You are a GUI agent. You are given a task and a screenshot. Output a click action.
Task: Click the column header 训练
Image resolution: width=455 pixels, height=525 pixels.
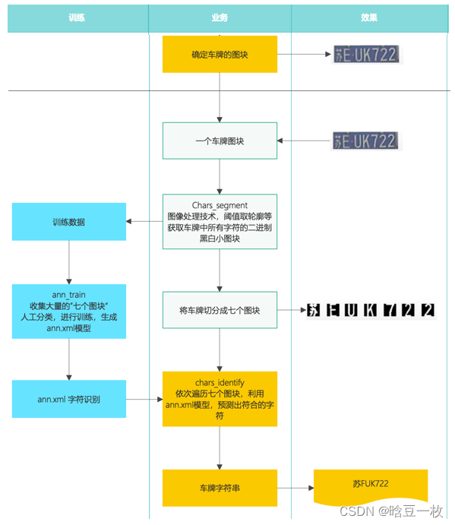tap(77, 17)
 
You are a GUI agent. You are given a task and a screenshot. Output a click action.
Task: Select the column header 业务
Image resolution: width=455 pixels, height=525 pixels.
tap(219, 17)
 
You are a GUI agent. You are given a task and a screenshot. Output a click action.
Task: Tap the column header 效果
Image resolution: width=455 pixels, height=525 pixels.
tap(369, 17)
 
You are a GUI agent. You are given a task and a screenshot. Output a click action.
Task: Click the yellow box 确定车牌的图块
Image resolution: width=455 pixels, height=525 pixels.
tap(220, 55)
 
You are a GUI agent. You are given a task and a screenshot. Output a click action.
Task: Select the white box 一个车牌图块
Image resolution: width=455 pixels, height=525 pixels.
tap(220, 141)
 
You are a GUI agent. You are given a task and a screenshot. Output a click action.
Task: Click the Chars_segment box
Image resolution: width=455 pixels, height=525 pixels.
tap(220, 222)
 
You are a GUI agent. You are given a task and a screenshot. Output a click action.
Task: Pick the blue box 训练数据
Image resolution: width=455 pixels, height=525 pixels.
tap(69, 222)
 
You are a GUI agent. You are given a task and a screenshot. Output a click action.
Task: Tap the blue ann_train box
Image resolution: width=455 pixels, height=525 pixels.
tap(69, 312)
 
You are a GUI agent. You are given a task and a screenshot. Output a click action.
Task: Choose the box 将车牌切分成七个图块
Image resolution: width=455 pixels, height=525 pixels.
tap(220, 311)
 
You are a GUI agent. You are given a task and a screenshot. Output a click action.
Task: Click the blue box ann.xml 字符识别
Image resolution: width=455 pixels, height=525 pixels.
tap(69, 399)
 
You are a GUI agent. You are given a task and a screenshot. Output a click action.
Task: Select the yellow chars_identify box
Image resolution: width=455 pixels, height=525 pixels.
tap(220, 399)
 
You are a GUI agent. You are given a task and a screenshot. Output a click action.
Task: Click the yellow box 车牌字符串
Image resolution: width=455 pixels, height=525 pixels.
tap(220, 488)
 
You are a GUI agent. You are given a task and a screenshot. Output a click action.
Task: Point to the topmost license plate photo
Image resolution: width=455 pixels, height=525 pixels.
tap(365, 55)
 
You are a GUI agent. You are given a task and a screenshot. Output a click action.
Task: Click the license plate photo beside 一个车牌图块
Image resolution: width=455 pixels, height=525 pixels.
tap(365, 141)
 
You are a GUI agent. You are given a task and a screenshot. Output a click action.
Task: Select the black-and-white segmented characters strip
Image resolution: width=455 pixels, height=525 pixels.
tap(371, 310)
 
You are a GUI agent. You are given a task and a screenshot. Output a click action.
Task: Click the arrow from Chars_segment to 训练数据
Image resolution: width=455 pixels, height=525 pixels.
tap(144, 222)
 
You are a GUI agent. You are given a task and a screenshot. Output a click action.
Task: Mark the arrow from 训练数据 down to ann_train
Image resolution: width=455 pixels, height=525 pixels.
tap(69, 263)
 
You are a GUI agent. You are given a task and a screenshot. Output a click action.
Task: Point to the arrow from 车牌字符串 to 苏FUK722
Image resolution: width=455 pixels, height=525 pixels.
tap(295, 488)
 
